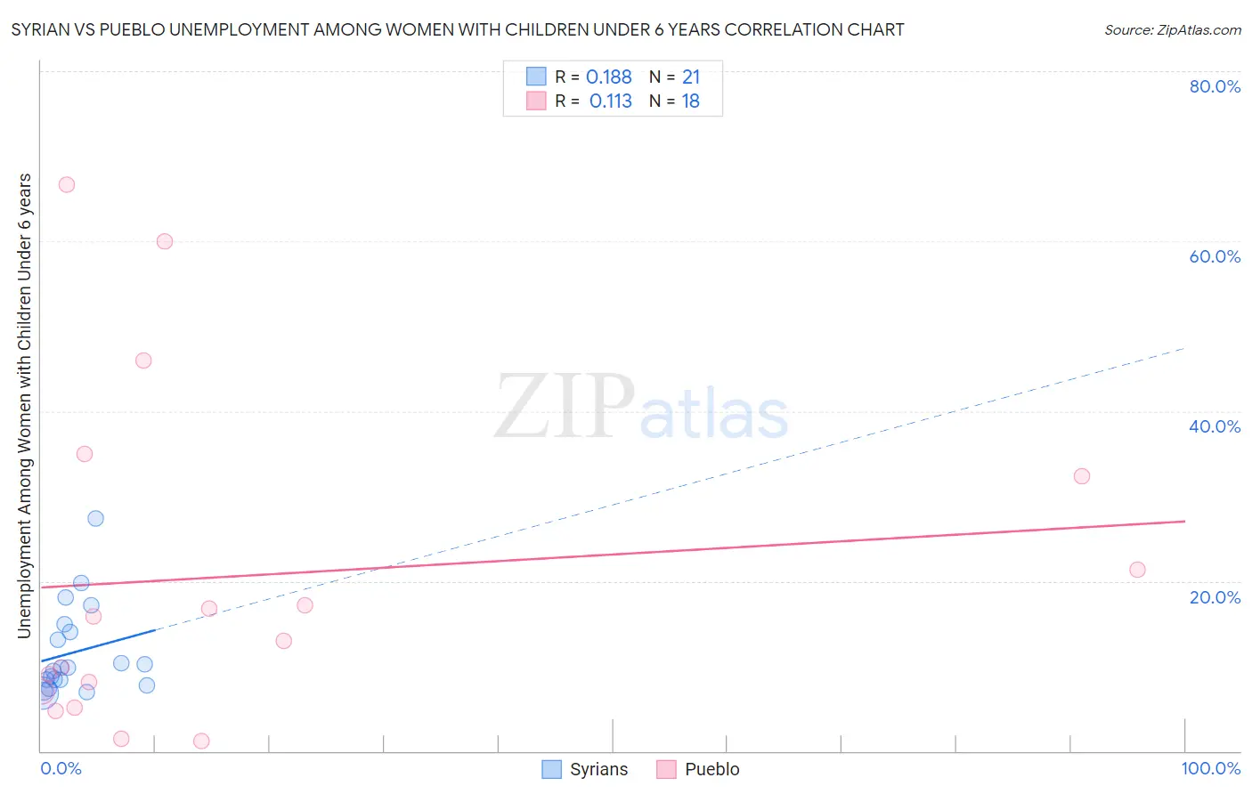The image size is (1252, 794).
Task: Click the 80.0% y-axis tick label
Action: (1215, 86)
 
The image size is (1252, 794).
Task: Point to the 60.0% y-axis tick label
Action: (1215, 256)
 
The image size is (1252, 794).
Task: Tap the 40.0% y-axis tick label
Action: (1215, 426)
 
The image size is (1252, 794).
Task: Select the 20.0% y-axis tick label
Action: (1215, 597)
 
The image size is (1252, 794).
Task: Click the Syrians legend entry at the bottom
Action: (585, 769)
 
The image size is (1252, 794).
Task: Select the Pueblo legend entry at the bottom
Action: (698, 769)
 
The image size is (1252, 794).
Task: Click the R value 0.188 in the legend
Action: (608, 77)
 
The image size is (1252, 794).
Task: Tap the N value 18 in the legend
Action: (690, 101)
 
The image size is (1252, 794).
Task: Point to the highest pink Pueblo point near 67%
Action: (67, 185)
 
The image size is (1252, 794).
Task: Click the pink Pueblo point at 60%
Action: (165, 241)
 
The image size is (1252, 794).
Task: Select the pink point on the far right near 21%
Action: (1137, 570)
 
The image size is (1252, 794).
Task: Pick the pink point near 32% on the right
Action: (1082, 476)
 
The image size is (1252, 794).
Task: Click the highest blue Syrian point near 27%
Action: (96, 518)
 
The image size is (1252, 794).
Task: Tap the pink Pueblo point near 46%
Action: (143, 361)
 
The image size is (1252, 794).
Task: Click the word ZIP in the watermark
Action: (564, 407)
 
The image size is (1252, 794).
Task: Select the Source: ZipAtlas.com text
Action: (1172, 30)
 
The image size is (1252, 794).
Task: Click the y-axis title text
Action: (25, 405)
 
